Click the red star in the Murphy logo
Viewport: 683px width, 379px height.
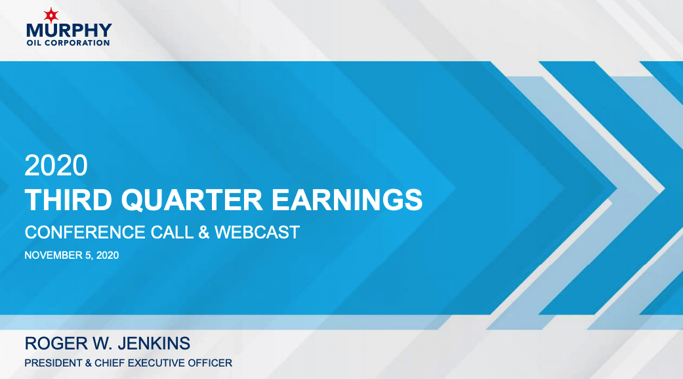[x=51, y=15]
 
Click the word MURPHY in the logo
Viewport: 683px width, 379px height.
[x=70, y=30]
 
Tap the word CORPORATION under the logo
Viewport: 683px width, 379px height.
[x=77, y=43]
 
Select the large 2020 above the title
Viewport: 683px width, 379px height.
[x=56, y=165]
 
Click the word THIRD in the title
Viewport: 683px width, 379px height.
[x=69, y=200]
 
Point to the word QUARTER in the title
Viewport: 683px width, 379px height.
[x=192, y=200]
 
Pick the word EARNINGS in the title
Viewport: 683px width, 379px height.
[x=346, y=200]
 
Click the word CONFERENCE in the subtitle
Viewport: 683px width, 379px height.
[x=85, y=232]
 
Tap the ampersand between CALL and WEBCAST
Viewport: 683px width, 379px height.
[x=203, y=232]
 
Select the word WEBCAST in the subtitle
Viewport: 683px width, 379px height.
[x=257, y=232]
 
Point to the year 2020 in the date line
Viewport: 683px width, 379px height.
[x=108, y=255]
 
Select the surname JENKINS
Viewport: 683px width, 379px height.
[x=154, y=344]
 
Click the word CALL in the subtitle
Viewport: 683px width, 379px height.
[x=172, y=232]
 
